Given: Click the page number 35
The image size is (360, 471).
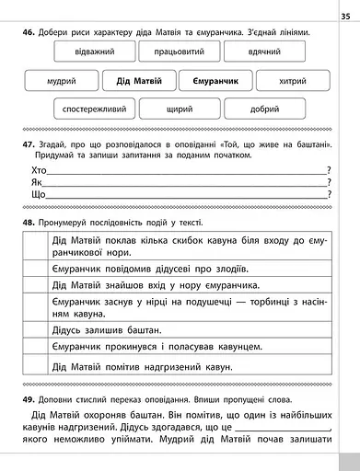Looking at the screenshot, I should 345,14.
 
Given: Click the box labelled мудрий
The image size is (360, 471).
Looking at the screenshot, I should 60,81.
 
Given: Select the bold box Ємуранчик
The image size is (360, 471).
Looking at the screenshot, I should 216,81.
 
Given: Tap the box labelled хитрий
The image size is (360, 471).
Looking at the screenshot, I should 294,81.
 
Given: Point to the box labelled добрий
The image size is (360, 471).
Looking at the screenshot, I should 263,109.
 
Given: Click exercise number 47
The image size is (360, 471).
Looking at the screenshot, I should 29,146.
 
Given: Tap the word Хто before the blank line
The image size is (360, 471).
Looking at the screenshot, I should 38,170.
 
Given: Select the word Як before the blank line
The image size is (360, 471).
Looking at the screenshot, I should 36,182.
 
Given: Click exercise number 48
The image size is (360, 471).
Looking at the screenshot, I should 29,223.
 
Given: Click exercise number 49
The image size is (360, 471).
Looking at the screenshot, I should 29,398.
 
